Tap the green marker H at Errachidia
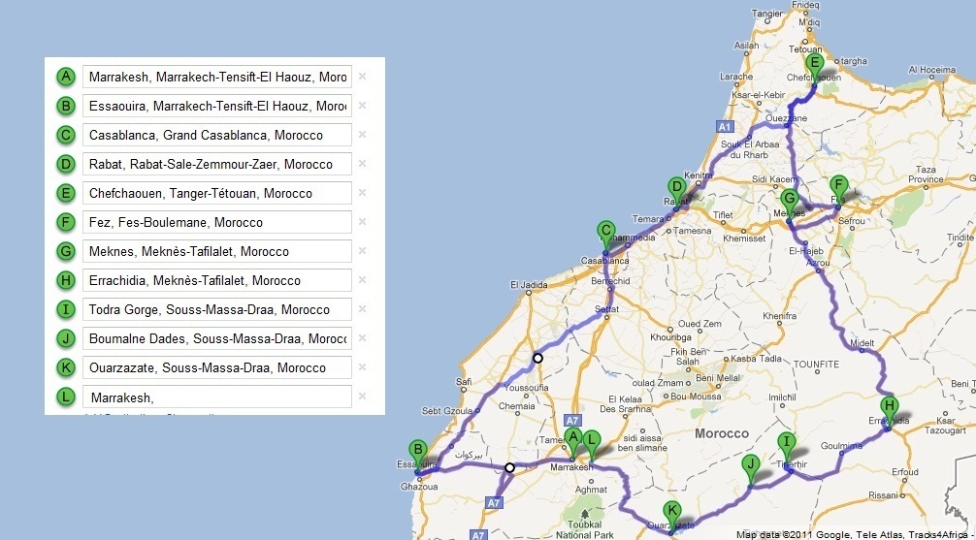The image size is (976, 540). pyautogui.click(x=888, y=407)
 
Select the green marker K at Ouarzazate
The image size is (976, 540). pyautogui.click(x=671, y=512)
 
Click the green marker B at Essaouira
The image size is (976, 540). pyautogui.click(x=417, y=451)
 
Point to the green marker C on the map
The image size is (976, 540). pyautogui.click(x=605, y=232)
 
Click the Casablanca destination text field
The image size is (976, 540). pyautogui.click(x=217, y=135)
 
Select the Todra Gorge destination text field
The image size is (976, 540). pyautogui.click(x=217, y=309)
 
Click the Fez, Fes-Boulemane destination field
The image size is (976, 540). pyautogui.click(x=217, y=222)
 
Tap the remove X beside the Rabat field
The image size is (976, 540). pyautogui.click(x=362, y=164)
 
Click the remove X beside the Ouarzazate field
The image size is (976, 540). pyautogui.click(x=362, y=367)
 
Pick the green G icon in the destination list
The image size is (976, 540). pyautogui.click(x=66, y=251)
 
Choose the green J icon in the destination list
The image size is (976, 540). pyautogui.click(x=66, y=338)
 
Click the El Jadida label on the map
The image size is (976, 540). pyautogui.click(x=529, y=285)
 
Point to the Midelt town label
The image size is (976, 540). pyautogui.click(x=862, y=343)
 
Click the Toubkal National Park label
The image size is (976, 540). pyautogui.click(x=585, y=529)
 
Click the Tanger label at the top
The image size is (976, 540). pyautogui.click(x=766, y=14)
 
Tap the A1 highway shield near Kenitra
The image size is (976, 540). pyautogui.click(x=724, y=126)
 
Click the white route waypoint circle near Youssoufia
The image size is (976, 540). pyautogui.click(x=537, y=358)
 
